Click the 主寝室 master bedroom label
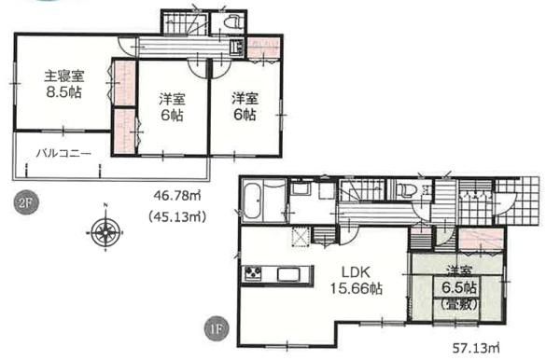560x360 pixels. point(63,76)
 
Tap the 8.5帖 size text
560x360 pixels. point(63,92)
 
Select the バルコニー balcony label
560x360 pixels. point(63,154)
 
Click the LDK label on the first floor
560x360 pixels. point(356,272)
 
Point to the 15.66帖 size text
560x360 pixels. point(356,288)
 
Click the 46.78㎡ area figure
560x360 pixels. point(176,196)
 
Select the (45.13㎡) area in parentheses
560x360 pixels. point(177,216)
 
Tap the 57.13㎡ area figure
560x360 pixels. point(476,348)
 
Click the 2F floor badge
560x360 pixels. point(26,203)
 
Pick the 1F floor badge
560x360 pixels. point(217,329)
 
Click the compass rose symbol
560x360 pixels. point(105,232)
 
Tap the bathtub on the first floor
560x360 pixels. point(254,201)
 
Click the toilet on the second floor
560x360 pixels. point(232,22)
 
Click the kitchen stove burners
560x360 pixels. point(253,274)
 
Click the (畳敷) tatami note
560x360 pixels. point(459,304)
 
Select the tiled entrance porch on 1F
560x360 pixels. point(517,201)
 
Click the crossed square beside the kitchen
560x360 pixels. point(301,236)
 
